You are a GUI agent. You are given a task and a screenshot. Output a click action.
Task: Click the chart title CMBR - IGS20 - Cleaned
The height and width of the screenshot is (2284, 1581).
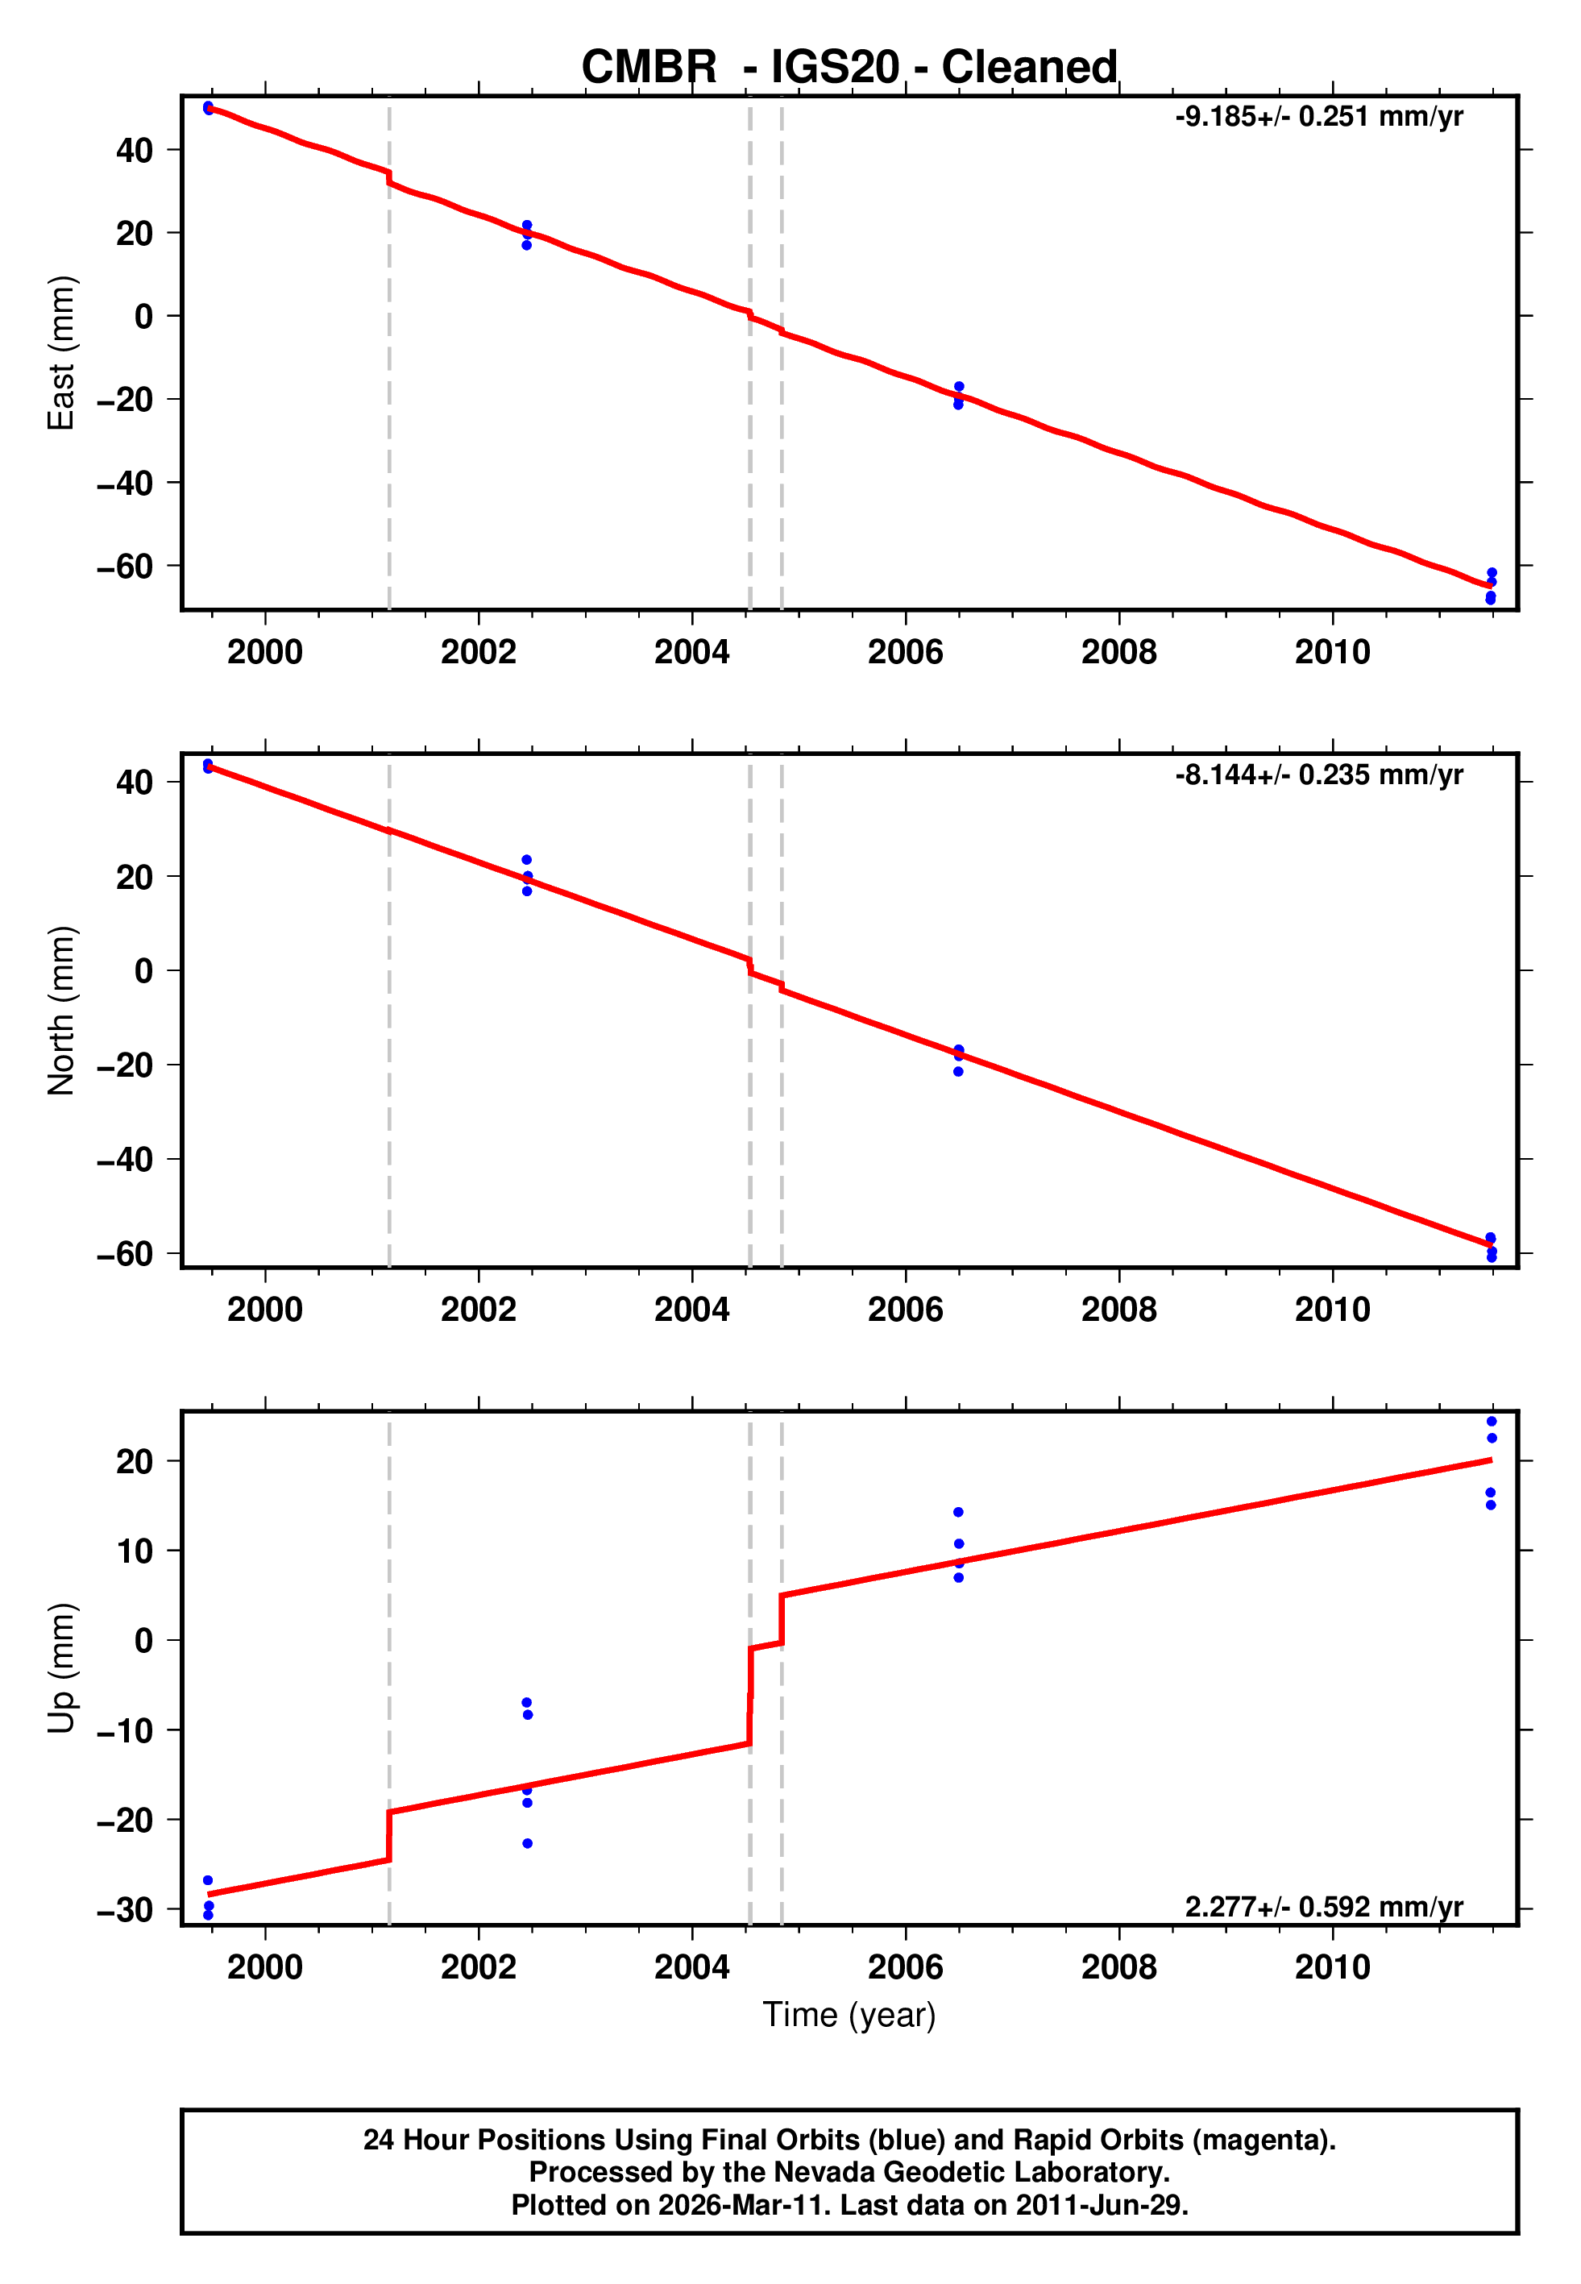coord(849,68)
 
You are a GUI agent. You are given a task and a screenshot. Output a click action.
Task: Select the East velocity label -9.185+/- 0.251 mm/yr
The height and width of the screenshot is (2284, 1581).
coord(1318,117)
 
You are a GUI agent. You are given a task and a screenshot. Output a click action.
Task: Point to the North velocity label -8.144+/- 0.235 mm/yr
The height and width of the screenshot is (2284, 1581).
coord(1318,774)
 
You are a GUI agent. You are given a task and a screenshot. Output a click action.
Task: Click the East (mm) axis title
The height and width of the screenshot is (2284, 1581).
coord(61,353)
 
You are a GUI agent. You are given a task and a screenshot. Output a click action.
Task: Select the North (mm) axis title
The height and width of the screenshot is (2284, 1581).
coord(61,1011)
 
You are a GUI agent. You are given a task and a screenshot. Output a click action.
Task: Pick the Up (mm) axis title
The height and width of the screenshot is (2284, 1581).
coord(61,1668)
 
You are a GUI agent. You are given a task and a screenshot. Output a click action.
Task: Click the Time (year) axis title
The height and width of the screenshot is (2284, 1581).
coord(849,2016)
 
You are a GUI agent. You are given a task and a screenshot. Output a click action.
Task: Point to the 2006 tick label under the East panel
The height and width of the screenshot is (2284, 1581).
coord(906,652)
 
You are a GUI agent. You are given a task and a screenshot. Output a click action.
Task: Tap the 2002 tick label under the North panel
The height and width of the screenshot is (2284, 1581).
coord(479,1310)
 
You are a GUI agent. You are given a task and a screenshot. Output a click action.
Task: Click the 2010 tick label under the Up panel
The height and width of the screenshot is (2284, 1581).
coord(1332,1967)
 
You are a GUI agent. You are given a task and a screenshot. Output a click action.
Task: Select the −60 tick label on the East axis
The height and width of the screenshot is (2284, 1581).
coord(125,567)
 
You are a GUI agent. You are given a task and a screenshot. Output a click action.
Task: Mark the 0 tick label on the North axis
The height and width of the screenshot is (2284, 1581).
coord(144,970)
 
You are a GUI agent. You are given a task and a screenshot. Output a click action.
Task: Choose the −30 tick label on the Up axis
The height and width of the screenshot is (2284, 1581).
coord(125,1909)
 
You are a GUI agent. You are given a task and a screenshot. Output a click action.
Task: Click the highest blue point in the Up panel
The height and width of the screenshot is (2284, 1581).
coord(1492,1422)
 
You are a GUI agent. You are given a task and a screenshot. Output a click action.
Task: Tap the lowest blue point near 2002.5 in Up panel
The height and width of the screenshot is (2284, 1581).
coord(527,1843)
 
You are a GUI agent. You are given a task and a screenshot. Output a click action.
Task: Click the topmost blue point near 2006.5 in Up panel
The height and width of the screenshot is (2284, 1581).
coord(959,1513)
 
